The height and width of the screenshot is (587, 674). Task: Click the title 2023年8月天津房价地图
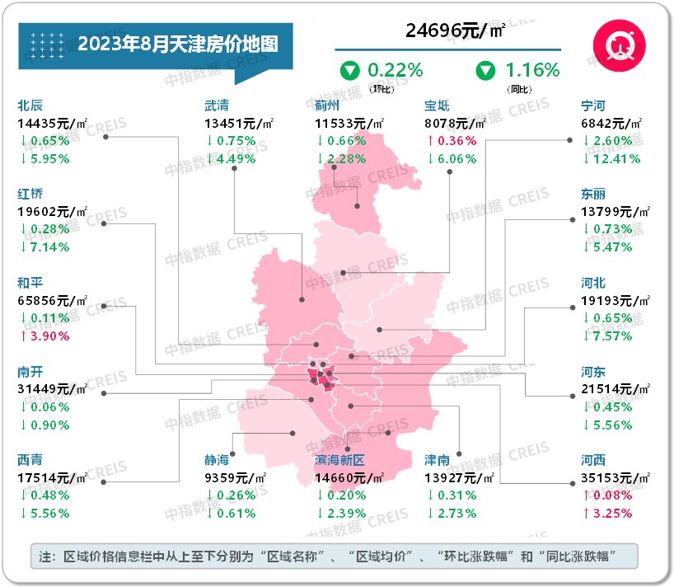(x=177, y=43)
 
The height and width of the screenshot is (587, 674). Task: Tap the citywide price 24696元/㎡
(x=455, y=31)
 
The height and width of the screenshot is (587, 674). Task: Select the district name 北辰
(x=30, y=106)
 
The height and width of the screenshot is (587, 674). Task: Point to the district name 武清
(x=217, y=106)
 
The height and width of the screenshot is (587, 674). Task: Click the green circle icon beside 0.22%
(x=351, y=70)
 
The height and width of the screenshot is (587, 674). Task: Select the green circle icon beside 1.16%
(x=485, y=70)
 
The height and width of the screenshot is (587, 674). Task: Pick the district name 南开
(x=30, y=372)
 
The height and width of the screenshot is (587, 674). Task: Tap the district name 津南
(x=437, y=459)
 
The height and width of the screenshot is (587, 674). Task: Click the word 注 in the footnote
(x=45, y=556)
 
